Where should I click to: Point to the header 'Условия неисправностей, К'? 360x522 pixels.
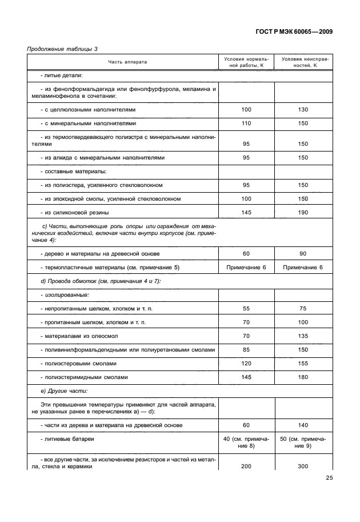coord(303,62)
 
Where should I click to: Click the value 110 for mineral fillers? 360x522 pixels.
coord(246,123)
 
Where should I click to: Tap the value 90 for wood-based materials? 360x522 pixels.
coord(303,253)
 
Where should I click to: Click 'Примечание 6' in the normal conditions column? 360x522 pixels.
coord(246,268)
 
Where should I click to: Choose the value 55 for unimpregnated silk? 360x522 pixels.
coord(246,308)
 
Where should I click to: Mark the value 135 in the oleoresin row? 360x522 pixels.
coord(303,336)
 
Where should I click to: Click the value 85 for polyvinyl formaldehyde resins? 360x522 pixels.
coord(246,349)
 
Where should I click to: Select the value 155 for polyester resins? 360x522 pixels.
coord(303,363)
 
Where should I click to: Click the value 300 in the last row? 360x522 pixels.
coord(303,466)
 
